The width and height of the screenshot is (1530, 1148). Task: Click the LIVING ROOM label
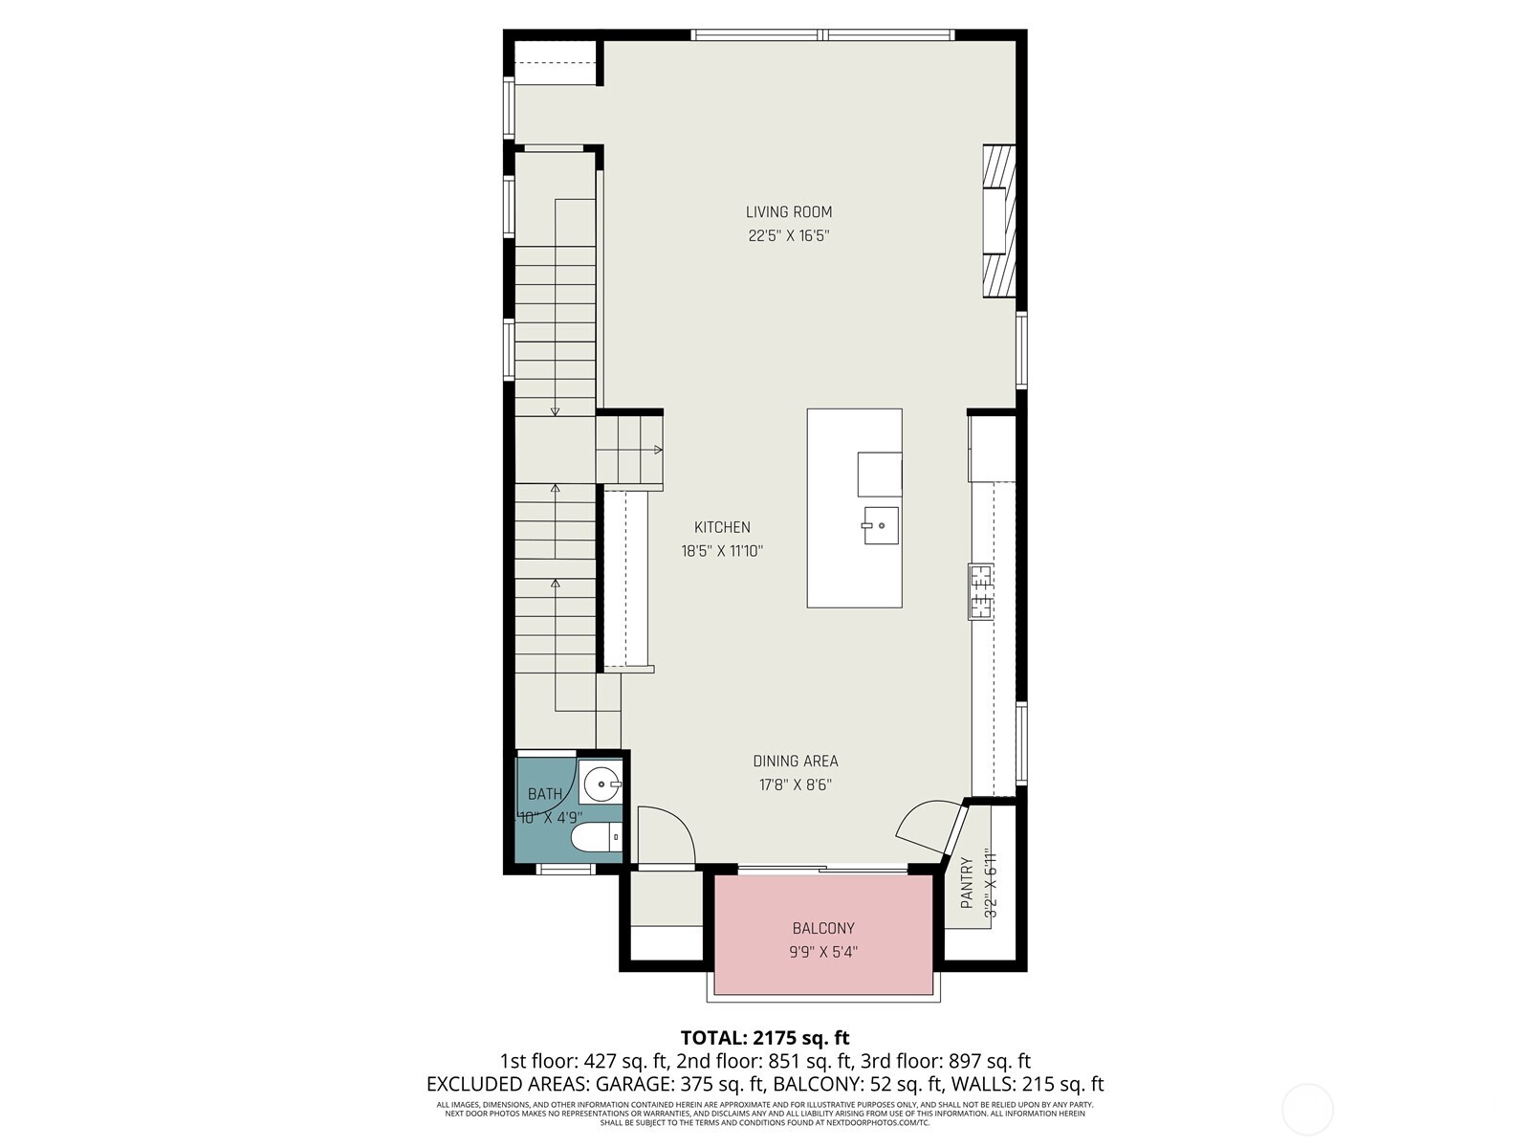pos(789,212)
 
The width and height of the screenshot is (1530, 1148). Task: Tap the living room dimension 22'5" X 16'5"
pos(789,236)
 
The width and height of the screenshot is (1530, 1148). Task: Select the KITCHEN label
pos(722,527)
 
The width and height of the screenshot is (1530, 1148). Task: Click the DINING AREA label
pos(796,762)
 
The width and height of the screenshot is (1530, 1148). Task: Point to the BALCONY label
pos(823,928)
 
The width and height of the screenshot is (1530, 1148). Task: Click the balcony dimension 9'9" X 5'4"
pos(823,952)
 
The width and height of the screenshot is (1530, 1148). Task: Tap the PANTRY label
pos(967,882)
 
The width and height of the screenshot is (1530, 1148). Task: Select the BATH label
pos(545,794)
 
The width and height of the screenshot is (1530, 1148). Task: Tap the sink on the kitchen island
pos(881,525)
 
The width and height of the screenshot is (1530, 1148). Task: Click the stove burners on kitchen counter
pos(981,591)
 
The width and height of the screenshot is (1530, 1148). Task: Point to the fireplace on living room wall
pos(998,221)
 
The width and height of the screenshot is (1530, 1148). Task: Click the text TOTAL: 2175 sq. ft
pos(764,1037)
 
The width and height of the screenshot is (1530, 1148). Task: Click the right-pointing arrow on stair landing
pos(657,450)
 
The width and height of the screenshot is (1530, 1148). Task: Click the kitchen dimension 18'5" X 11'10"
pos(722,551)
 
